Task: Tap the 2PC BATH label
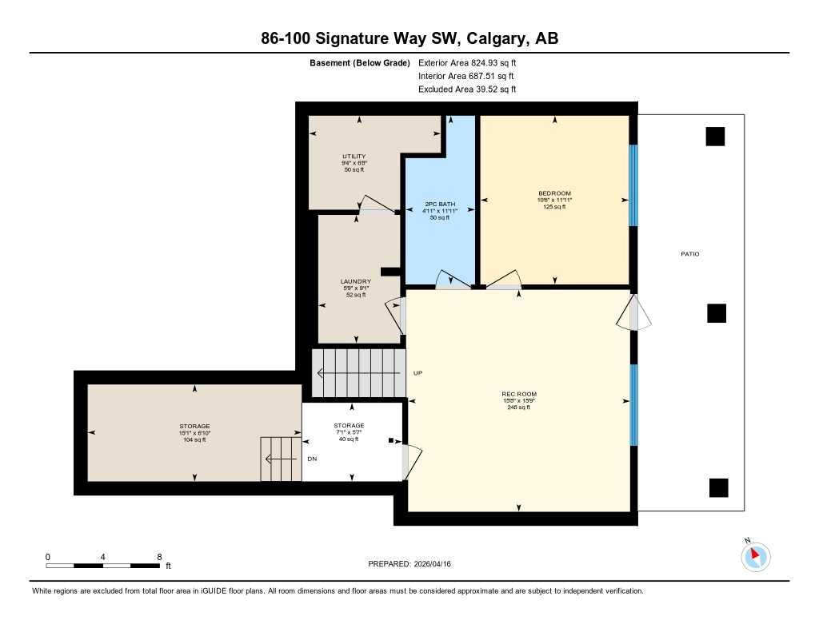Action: click(439, 205)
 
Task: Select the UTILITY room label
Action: click(354, 157)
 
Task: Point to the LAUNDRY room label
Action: click(355, 281)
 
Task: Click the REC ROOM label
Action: click(518, 394)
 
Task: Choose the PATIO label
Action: click(689, 254)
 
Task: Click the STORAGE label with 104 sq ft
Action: click(194, 426)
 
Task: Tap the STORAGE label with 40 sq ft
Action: click(349, 425)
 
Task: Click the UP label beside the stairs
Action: click(417, 373)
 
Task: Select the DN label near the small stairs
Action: click(313, 459)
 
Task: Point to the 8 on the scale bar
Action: click(159, 557)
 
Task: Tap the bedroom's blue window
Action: click(633, 185)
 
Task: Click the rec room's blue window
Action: click(633, 405)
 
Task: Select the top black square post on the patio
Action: click(715, 137)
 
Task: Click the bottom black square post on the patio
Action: click(719, 487)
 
